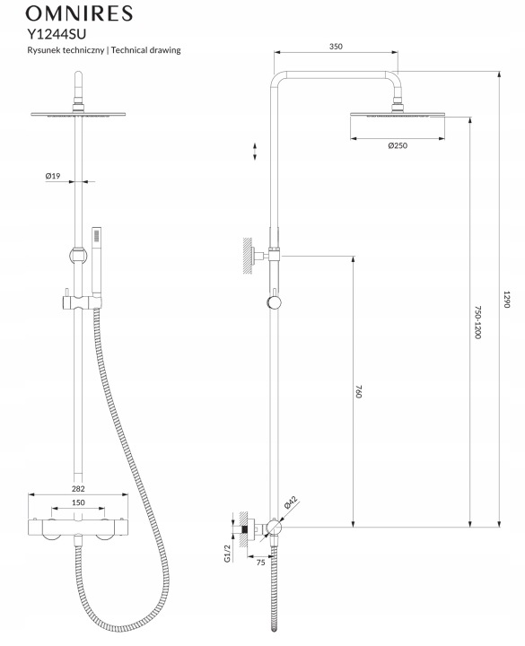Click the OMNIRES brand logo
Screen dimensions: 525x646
pyautogui.click(x=79, y=13)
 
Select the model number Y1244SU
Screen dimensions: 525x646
pyautogui.click(x=57, y=33)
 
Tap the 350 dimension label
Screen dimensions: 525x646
pyautogui.click(x=336, y=46)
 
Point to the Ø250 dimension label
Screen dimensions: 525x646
pyautogui.click(x=398, y=145)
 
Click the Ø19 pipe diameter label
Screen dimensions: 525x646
pyautogui.click(x=53, y=176)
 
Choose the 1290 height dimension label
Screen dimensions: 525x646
pyautogui.click(x=507, y=299)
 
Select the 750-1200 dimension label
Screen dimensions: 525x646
pyautogui.click(x=477, y=322)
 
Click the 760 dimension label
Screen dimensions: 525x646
pyautogui.click(x=358, y=391)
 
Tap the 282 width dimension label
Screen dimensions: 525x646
pyautogui.click(x=78, y=489)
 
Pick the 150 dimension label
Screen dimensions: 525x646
pyautogui.click(x=78, y=502)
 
